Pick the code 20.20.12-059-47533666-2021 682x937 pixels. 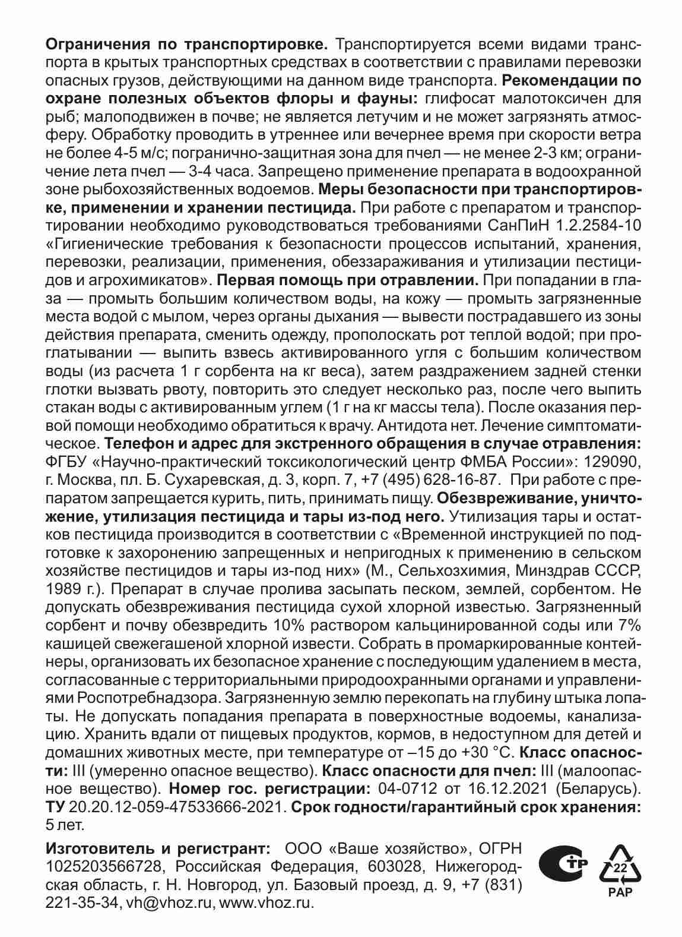(177, 807)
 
